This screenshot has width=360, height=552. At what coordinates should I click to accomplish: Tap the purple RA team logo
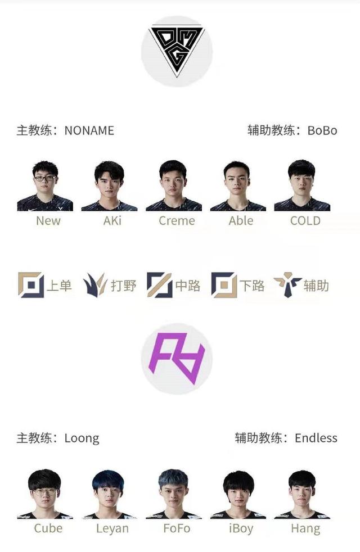177,358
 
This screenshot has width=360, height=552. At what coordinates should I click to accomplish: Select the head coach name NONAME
89,130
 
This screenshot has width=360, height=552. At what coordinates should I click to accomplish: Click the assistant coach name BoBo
322,130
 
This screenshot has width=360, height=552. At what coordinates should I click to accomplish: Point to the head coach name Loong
82,438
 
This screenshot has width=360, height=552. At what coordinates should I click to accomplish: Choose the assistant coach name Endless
316,438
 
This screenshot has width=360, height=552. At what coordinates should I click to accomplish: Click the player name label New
48,221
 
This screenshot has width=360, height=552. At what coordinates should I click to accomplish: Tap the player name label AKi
112,221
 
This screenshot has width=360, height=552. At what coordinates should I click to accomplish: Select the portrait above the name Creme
173,185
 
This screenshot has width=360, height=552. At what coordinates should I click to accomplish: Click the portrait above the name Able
238,185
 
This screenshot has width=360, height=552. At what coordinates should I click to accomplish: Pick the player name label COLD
305,221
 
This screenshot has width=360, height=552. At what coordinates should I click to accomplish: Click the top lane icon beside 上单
31,285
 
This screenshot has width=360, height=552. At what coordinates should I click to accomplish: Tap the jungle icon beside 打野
94,285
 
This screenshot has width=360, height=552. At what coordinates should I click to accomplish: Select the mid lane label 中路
188,286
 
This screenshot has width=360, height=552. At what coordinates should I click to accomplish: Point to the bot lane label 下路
252,286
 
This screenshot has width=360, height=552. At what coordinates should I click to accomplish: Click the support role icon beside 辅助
288,285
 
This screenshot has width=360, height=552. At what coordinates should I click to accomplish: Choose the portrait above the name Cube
45,494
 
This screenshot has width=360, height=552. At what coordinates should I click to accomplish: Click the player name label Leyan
112,529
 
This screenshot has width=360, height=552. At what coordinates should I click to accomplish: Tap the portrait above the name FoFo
173,494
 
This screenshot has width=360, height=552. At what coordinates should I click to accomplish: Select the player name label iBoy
241,529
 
